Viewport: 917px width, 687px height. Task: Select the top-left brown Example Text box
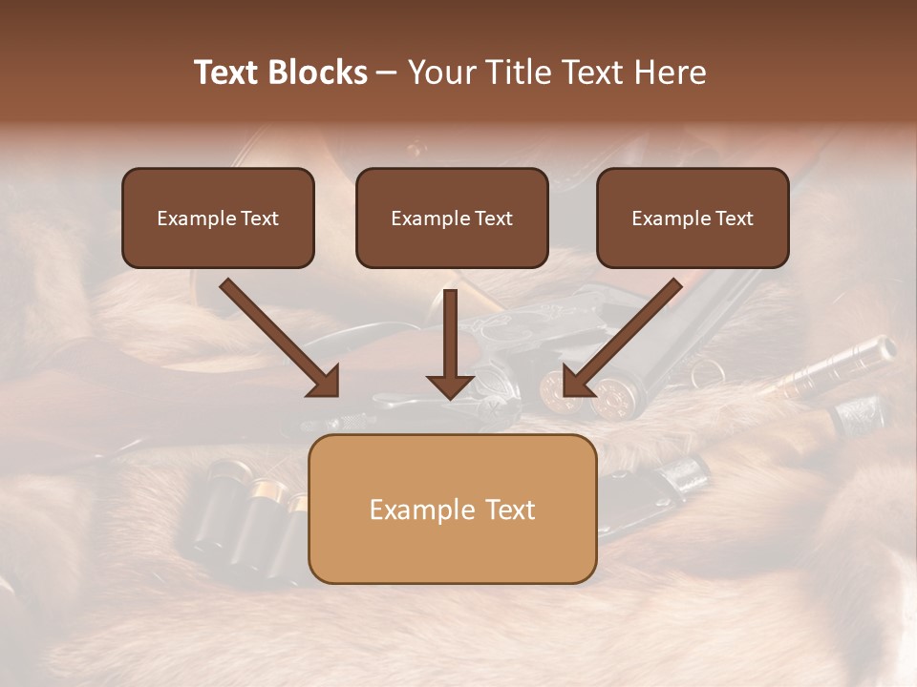pyautogui.click(x=218, y=218)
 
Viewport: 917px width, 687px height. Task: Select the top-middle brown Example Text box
pyautogui.click(x=452, y=218)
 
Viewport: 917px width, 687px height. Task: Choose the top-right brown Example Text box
pyautogui.click(x=693, y=218)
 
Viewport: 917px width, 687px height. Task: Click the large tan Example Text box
pyautogui.click(x=452, y=509)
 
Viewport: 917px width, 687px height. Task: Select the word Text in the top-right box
pyautogui.click(x=735, y=219)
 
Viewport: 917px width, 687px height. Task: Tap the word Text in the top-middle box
pyautogui.click(x=494, y=219)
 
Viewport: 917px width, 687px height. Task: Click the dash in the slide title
pyautogui.click(x=387, y=73)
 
